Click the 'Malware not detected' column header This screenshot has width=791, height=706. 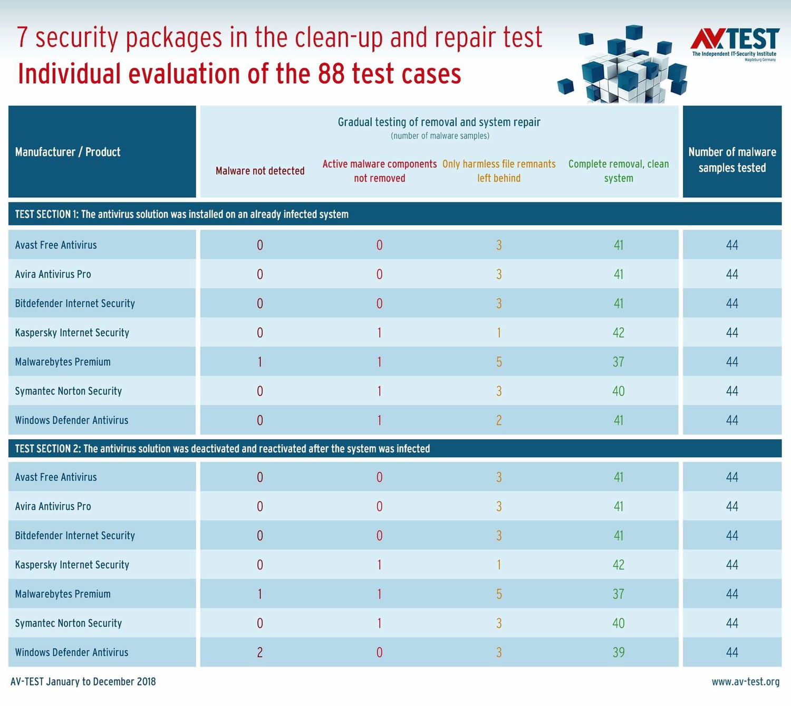pyautogui.click(x=260, y=171)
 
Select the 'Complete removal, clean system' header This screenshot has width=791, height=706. pyautogui.click(x=619, y=171)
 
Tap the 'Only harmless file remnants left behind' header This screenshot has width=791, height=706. pyautogui.click(x=499, y=171)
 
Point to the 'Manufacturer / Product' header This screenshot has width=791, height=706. pyautogui.click(x=67, y=152)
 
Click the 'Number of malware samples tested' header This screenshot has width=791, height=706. pyautogui.click(x=732, y=160)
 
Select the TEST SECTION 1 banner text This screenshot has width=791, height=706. pyautogui.click(x=181, y=214)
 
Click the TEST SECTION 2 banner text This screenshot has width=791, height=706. pyautogui.click(x=222, y=449)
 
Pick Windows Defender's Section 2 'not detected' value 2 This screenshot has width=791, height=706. pyautogui.click(x=260, y=652)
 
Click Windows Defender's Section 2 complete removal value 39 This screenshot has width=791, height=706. pyautogui.click(x=619, y=652)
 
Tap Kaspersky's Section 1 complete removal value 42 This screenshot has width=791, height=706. pyautogui.click(x=619, y=333)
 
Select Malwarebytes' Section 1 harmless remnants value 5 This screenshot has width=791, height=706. pyautogui.click(x=499, y=362)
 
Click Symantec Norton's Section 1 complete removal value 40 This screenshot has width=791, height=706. pyautogui.click(x=619, y=391)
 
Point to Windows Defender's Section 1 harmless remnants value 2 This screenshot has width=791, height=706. pyautogui.click(x=499, y=420)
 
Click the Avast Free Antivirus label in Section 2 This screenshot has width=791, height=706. pyautogui.click(x=56, y=477)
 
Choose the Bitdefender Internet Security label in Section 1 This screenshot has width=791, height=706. pyautogui.click(x=75, y=303)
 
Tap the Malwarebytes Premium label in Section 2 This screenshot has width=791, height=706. pyautogui.click(x=63, y=594)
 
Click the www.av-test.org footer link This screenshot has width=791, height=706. pyautogui.click(x=745, y=682)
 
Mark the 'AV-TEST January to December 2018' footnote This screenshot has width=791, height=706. pyautogui.click(x=83, y=682)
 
